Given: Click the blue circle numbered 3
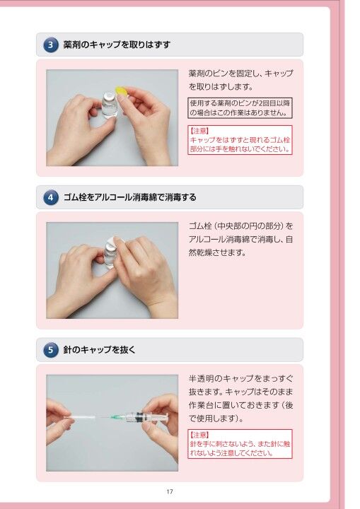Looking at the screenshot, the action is tap(51, 45).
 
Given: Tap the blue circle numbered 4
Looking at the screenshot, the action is tap(51, 197).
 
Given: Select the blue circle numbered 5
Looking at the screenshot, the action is tap(51, 350).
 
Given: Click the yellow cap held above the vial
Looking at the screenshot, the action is tap(122, 91).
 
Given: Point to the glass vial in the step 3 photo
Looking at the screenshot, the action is tap(109, 105).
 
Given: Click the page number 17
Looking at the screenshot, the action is tap(170, 491).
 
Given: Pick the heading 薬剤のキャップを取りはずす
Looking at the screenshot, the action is tap(117, 45).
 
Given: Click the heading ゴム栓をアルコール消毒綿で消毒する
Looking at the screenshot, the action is tap(129, 197).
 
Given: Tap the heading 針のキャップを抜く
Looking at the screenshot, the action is tap(99, 350).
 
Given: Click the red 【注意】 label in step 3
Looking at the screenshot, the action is tap(199, 131).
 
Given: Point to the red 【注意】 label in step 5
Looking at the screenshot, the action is tap(199, 435).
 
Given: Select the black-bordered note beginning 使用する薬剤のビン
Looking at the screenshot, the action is tap(240, 108).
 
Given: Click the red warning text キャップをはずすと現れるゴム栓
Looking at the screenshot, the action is tap(240, 140).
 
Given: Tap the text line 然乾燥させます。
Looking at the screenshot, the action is tap(217, 252).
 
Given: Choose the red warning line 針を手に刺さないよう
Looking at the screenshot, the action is tap(240, 444).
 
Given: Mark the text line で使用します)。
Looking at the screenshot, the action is tap(216, 419).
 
